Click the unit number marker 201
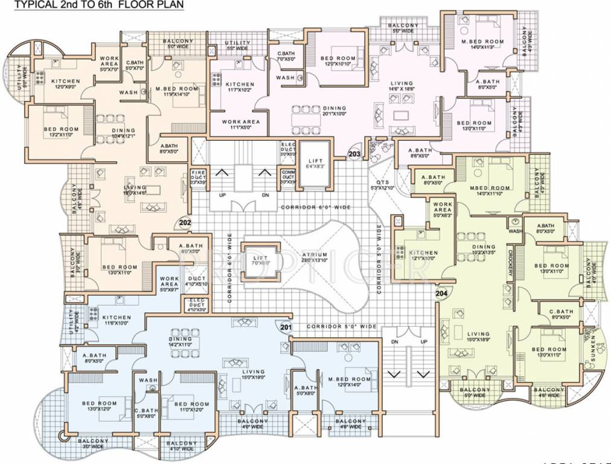[286, 327]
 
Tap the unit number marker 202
[185, 223]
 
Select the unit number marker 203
[354, 155]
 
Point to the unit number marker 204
[441, 294]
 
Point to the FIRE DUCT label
[198, 176]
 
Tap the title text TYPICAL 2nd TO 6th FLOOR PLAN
[100, 5]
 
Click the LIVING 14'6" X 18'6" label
[401, 86]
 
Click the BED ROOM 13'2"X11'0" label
[60, 132]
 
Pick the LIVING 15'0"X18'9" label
[478, 337]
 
